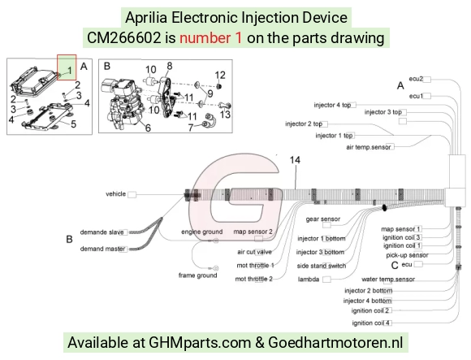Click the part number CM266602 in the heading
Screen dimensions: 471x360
[x=124, y=38]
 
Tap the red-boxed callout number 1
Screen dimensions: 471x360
[x=70, y=71]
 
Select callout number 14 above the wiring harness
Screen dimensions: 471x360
[x=295, y=160]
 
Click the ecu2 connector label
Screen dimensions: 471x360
[x=416, y=79]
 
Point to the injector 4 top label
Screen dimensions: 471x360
[x=332, y=105]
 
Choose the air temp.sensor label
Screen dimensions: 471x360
[x=368, y=147]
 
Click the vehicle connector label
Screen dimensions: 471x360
[x=115, y=194]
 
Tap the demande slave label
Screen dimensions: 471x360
[x=102, y=232]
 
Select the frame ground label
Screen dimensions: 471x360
[x=197, y=275]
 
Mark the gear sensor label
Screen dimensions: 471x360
[x=323, y=219]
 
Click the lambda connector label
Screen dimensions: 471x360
[x=309, y=280]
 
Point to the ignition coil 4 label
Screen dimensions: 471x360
[x=371, y=323]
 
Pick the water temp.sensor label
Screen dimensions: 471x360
[x=388, y=280]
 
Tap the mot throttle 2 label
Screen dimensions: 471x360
[x=254, y=279]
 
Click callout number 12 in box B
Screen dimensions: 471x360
[x=220, y=75]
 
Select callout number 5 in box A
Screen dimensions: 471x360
[x=73, y=124]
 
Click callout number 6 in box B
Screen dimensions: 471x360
[x=148, y=128]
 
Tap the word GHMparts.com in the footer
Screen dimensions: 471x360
[x=200, y=343]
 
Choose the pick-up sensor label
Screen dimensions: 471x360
[x=407, y=255]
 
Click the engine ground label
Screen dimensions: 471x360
[x=202, y=232]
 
